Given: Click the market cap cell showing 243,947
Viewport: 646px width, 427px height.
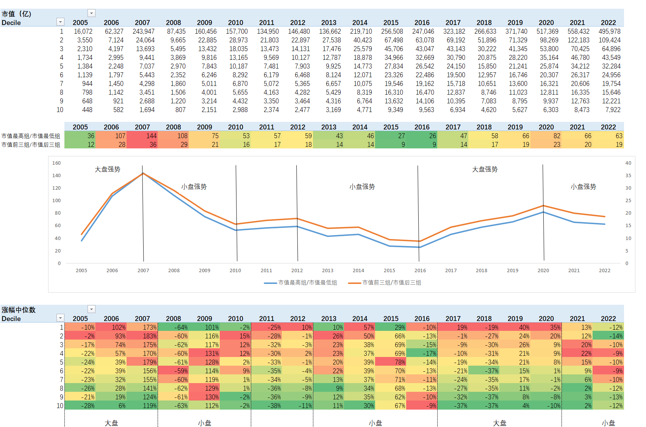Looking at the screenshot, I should pos(144,31).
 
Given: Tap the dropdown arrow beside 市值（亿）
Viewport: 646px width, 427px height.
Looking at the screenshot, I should pos(91,13).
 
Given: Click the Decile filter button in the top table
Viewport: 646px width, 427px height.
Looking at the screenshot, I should pos(60,22).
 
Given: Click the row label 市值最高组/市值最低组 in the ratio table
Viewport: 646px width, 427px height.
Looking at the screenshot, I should pos(31,136).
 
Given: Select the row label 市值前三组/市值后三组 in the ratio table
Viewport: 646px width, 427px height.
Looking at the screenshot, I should pos(31,145).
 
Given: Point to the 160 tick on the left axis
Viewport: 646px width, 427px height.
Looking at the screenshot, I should pos(56,163).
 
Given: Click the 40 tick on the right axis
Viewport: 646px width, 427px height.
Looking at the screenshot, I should pos(628,163).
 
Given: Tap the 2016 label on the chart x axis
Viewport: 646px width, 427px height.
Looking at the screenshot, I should pos(420,271).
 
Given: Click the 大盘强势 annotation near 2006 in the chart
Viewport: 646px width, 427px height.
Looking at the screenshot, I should pos(108,169).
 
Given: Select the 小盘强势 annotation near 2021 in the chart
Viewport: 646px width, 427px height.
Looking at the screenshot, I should pos(583,187).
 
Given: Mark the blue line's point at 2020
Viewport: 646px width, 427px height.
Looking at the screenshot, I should pos(543,212).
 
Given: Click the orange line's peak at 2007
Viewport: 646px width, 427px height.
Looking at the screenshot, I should pos(143,173).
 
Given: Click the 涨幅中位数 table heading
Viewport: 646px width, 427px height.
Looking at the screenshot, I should pos(19,310).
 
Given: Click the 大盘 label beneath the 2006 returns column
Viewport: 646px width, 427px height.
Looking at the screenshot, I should pos(111,423).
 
